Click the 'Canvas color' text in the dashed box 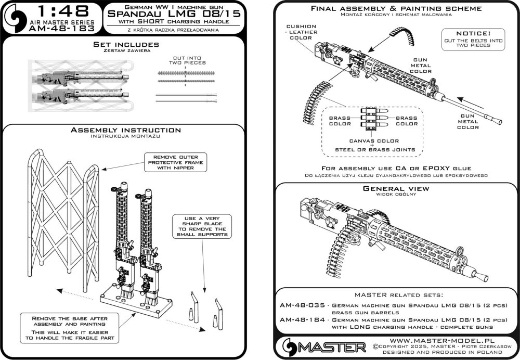pyautogui.click(x=373, y=140)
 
